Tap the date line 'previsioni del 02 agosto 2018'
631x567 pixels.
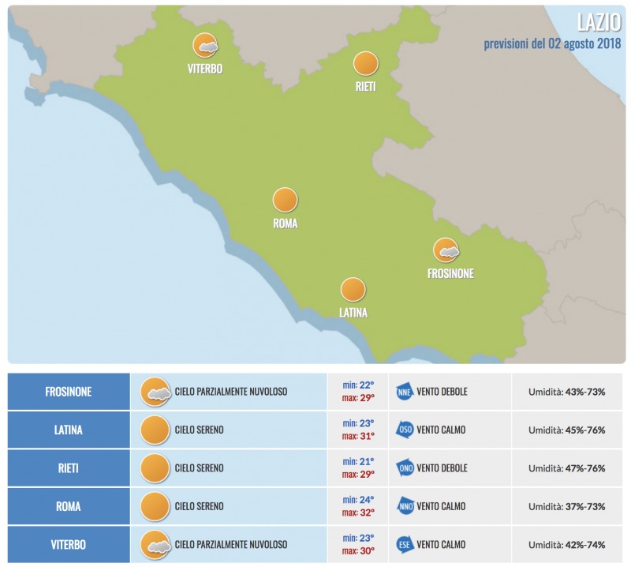pos(551,43)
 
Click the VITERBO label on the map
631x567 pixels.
pos(205,69)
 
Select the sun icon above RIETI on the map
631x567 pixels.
pos(365,63)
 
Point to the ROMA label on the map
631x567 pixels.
pos(285,223)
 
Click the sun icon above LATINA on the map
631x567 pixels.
pos(353,289)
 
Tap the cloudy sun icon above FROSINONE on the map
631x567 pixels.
pos(446,250)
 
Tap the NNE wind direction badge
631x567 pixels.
pos(405,392)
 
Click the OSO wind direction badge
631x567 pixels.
pos(405,430)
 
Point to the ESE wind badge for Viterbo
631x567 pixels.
pos(405,545)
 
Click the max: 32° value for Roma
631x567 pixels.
pos(358,513)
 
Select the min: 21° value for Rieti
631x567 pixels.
pos(358,461)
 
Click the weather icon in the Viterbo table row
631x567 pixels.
pos(155,545)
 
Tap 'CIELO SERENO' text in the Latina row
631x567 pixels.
pos(199,430)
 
